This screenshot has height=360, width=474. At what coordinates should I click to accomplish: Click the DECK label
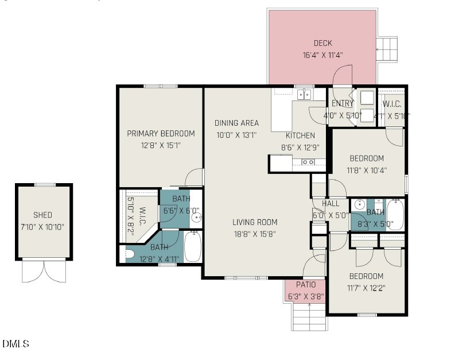323,43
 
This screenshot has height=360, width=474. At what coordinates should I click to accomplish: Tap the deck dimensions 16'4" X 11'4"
323,56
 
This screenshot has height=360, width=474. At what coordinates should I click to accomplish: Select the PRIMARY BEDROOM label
161,133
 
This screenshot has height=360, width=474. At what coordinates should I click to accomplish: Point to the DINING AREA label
236,123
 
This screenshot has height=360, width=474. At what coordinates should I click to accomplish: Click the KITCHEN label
300,136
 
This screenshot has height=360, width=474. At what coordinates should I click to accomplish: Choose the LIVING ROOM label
255,222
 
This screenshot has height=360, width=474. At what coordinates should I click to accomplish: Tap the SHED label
42,215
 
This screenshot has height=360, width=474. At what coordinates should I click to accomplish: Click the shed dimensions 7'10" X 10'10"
42,227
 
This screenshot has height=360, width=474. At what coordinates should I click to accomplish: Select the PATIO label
305,285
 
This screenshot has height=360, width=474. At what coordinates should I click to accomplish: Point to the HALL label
331,204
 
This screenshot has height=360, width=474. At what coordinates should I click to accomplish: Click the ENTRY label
343,103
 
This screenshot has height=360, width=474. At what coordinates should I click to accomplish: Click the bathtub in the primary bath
193,247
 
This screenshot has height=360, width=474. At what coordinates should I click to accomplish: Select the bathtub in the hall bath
395,215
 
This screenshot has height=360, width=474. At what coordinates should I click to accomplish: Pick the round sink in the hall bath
360,204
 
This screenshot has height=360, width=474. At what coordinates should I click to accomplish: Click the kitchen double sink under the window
304,94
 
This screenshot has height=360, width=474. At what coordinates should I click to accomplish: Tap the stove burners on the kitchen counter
308,162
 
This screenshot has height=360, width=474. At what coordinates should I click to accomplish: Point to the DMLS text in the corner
15,344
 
